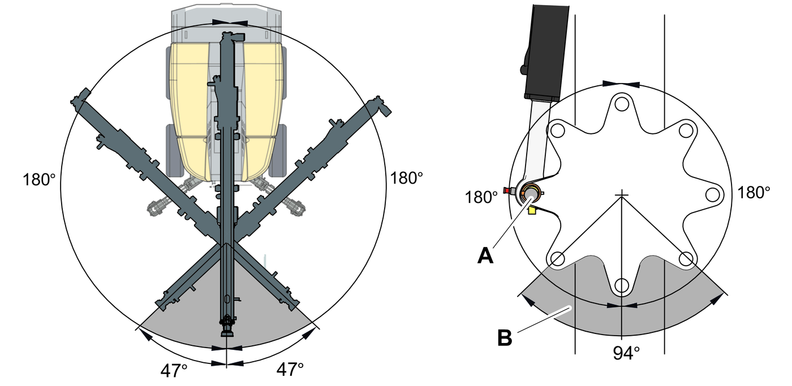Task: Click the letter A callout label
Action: point(485,255)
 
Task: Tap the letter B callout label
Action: point(505,337)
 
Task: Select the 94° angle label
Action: point(626,353)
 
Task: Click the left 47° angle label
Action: point(174,371)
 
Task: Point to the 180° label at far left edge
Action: point(39,180)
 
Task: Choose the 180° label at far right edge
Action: point(754,192)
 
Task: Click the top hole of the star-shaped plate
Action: point(622,104)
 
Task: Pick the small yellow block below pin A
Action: point(531,210)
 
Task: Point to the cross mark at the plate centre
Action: point(622,195)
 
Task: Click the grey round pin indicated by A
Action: point(532,194)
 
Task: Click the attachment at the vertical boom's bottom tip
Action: point(226,327)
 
